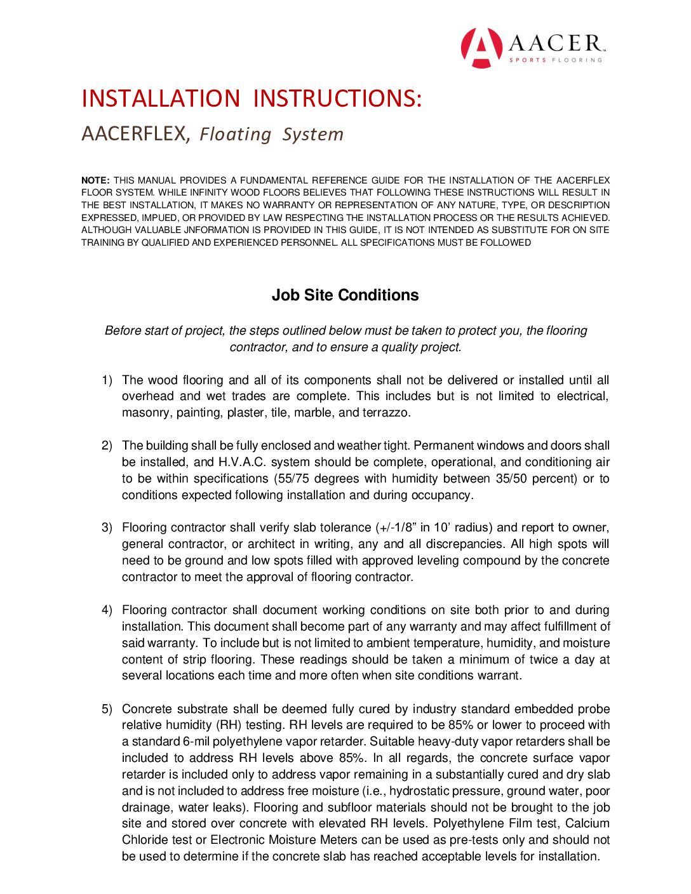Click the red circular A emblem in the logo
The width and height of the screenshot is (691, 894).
pos(481,48)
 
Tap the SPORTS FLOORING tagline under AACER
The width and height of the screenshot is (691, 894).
pos(555,60)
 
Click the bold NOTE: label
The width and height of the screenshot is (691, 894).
pos(95,180)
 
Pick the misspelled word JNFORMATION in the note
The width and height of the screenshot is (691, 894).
pos(217,230)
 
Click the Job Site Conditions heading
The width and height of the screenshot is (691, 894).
pos(345,295)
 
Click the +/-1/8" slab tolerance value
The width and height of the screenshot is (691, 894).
pos(396,528)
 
